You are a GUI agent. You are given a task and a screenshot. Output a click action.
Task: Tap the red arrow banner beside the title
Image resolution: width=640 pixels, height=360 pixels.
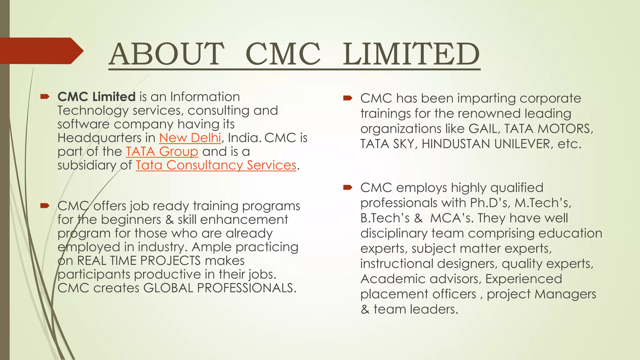[x=41, y=51]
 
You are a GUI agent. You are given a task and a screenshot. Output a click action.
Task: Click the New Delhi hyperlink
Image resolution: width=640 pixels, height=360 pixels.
[x=190, y=138]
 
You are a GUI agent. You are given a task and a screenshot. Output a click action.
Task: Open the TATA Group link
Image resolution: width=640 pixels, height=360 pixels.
[x=162, y=152]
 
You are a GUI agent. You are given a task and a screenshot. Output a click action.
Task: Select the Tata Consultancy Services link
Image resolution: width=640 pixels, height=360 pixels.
[x=216, y=165]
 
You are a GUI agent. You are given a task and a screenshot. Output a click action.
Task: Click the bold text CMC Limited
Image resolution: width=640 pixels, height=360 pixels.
[x=96, y=97]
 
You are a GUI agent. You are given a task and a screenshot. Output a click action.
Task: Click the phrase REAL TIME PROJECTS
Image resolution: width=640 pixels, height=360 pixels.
[x=139, y=261]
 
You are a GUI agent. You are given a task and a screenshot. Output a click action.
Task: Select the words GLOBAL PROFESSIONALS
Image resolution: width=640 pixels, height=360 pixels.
[x=219, y=288]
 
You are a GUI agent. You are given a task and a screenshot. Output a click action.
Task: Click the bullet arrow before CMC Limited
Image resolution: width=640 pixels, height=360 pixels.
[x=45, y=97]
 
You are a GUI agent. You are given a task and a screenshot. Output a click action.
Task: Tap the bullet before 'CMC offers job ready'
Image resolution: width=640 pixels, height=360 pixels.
[x=45, y=206]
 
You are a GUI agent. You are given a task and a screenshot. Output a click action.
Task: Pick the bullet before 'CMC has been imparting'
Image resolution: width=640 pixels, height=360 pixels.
[x=347, y=98]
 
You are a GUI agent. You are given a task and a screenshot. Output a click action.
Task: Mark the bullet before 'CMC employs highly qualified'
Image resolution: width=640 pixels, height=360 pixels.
[x=347, y=187]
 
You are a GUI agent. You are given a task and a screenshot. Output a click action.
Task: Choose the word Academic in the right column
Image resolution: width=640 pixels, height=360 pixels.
[x=389, y=279]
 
